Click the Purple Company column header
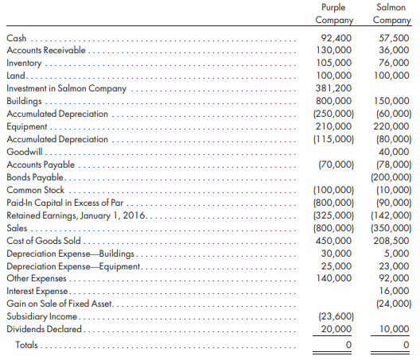pos(334,14)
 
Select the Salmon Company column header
pos(391,14)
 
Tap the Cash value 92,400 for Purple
pos(336,38)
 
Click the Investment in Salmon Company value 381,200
pos(333,88)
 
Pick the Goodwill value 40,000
pos(394,152)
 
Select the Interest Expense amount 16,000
pos(394,291)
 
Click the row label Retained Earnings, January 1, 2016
pos(76,215)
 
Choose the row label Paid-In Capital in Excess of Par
pos(64,203)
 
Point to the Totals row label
pos(26,345)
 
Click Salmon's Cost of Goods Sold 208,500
pos(391,241)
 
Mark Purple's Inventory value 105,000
pos(334,63)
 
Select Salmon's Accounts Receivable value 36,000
pos(394,50)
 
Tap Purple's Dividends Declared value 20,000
pos(336,329)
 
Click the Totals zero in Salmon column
pos(406,344)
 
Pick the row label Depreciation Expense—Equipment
pos(73,266)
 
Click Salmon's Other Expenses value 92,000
pos(394,278)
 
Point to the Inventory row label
pos(24,63)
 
